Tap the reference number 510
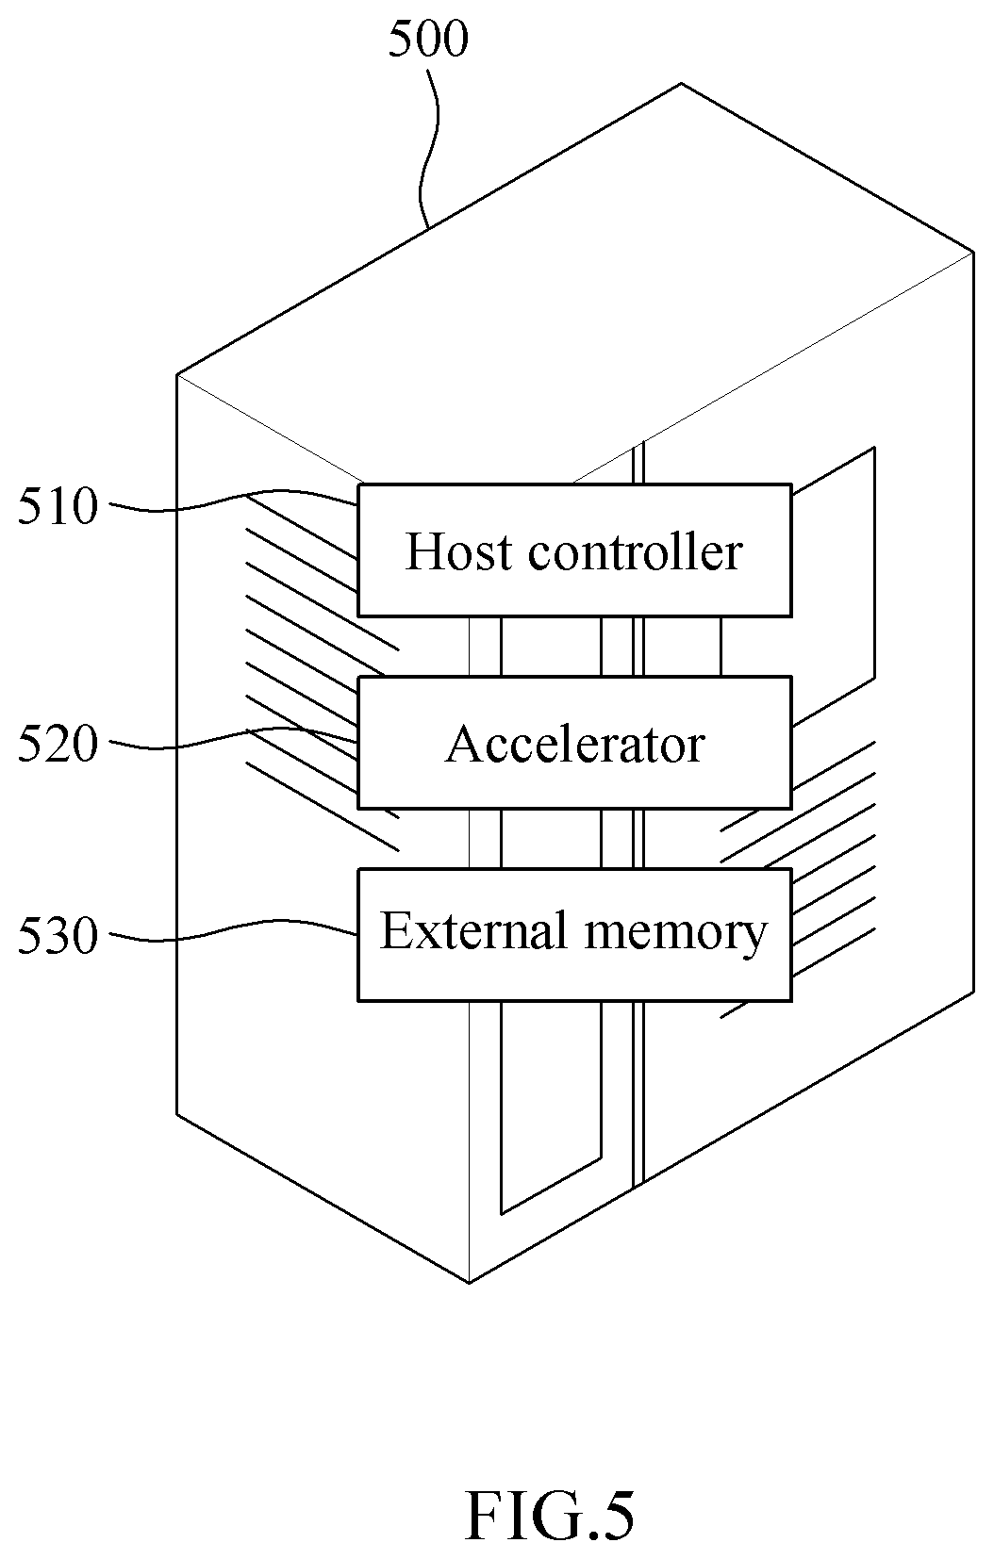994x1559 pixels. point(58,506)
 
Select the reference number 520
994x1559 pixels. point(58,744)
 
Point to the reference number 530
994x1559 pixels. point(58,935)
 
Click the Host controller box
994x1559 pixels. point(574,550)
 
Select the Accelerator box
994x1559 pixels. point(574,742)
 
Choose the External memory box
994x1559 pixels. point(574,935)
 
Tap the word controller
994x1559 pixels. point(636,551)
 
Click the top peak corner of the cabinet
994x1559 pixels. point(681,84)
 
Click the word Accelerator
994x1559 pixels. point(574,744)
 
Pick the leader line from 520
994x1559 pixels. point(234,739)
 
